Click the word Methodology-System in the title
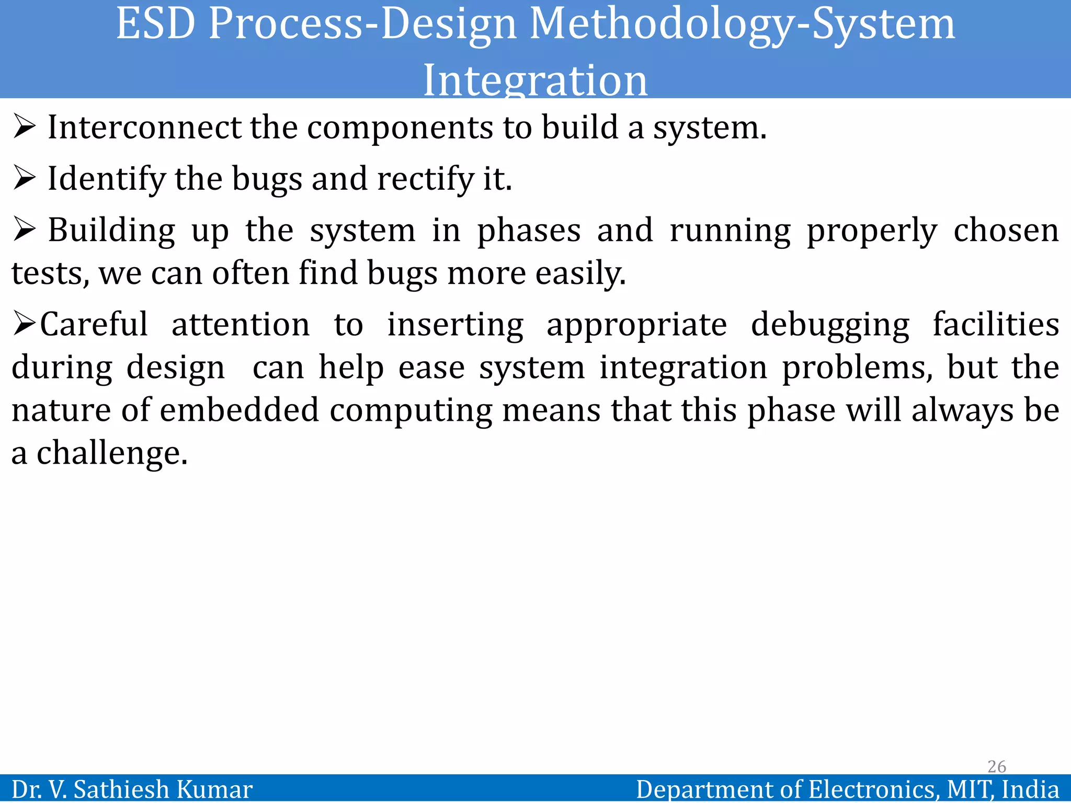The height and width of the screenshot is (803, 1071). [x=742, y=25]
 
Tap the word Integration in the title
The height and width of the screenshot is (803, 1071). [x=535, y=81]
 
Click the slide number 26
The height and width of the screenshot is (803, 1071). [x=997, y=766]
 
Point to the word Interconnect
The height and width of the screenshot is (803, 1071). [x=145, y=128]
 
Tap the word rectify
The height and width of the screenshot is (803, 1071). [x=425, y=179]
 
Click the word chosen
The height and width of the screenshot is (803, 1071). [x=1006, y=231]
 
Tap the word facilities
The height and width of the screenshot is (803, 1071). [x=996, y=324]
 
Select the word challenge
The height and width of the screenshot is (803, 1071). [x=112, y=453]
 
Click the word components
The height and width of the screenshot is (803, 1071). [x=400, y=129]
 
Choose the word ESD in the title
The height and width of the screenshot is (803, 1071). [x=156, y=25]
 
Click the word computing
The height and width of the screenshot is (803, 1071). [x=411, y=411]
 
